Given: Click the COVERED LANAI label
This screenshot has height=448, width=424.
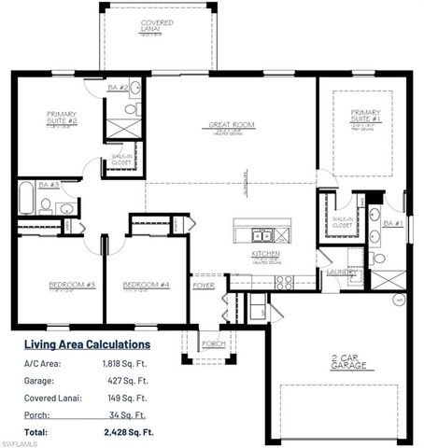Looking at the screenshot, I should (157, 24).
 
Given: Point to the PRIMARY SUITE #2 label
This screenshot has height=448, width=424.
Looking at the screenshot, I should (63, 118).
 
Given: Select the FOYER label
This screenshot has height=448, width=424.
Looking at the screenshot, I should (203, 287).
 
